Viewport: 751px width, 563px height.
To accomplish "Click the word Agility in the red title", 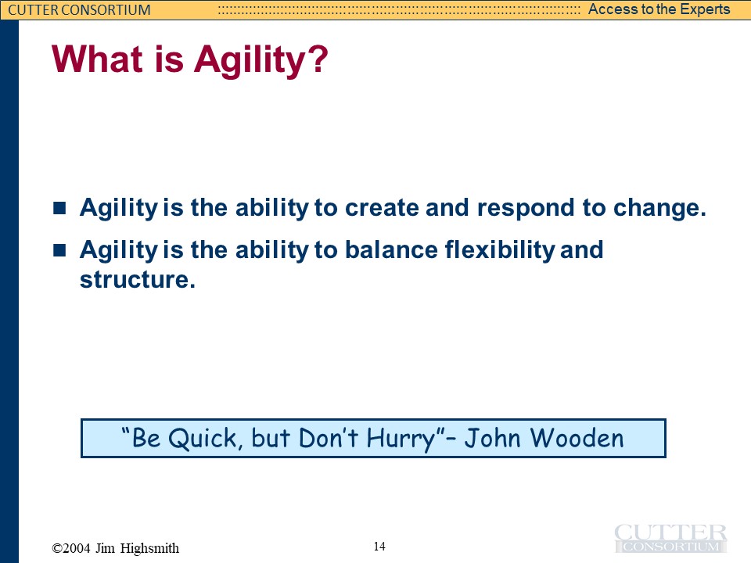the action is click(250, 60).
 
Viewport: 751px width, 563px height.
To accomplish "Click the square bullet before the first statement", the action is click(59, 208).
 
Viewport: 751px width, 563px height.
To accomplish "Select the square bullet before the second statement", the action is click(59, 250).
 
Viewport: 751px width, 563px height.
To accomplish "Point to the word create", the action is click(382, 208).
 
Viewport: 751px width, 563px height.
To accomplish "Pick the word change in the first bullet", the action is click(656, 209).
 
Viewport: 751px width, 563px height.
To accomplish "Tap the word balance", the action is click(391, 249).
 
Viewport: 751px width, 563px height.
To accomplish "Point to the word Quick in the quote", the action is click(202, 438).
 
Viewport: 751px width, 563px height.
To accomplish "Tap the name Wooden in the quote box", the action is click(577, 438).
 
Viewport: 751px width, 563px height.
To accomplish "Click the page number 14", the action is click(379, 547).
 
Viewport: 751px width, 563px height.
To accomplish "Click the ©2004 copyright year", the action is click(71, 548).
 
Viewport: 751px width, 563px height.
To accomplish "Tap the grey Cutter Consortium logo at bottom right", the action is click(670, 539).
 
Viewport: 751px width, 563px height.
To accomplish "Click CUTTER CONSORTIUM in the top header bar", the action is click(79, 9).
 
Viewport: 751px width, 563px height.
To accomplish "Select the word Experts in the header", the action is click(704, 9).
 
